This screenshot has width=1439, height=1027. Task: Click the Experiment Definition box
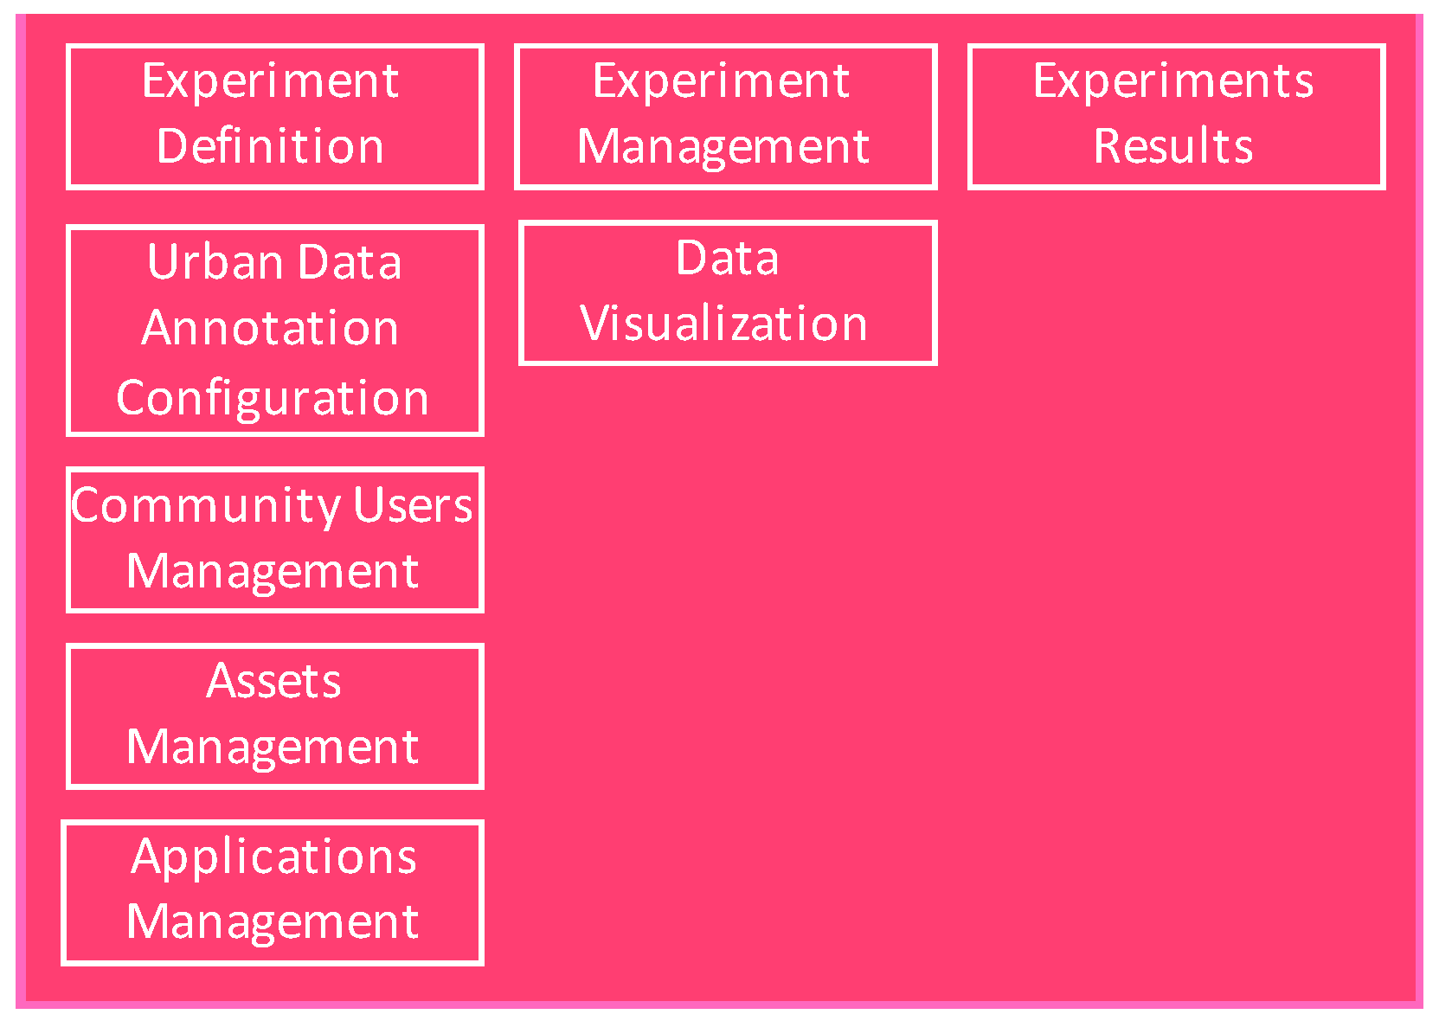274,117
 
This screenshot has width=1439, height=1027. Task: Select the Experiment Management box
725,117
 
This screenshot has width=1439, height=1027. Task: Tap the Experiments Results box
1176,117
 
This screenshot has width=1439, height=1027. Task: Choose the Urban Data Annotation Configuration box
274,331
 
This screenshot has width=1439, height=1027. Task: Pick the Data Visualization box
727,293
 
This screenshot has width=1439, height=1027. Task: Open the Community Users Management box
274,540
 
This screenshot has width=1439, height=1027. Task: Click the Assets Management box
274,716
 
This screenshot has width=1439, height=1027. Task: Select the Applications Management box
273,892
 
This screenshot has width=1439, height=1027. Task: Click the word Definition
270,145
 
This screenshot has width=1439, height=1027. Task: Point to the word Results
1173,145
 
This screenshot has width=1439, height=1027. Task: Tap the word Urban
204,261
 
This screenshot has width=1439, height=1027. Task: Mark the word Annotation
270,328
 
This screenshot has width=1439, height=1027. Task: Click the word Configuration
273,398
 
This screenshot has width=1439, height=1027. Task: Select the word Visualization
723,324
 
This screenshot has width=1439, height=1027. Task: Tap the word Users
413,505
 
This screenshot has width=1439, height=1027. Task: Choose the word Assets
273,681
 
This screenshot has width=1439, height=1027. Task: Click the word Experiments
1173,81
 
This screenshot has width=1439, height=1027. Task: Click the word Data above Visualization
727,258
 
